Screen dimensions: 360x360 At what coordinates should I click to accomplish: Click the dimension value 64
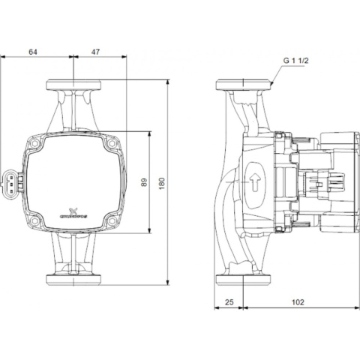(52, 52)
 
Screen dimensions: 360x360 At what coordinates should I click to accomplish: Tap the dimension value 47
(96, 52)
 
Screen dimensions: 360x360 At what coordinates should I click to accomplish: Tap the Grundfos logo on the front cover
(72, 212)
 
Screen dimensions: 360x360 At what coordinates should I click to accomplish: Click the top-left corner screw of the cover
(37, 140)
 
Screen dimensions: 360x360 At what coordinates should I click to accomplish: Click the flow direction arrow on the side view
(256, 181)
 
